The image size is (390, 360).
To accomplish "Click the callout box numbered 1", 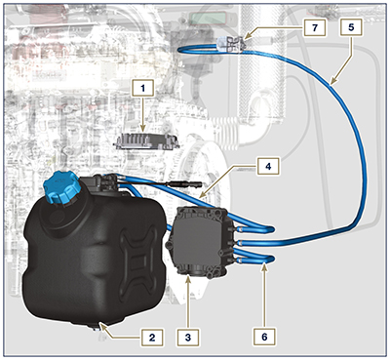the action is (x=142, y=89).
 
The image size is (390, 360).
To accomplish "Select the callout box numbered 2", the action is (x=149, y=337).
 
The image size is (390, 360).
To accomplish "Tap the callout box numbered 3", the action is (x=192, y=337).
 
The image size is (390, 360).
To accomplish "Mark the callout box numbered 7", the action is (x=315, y=28).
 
